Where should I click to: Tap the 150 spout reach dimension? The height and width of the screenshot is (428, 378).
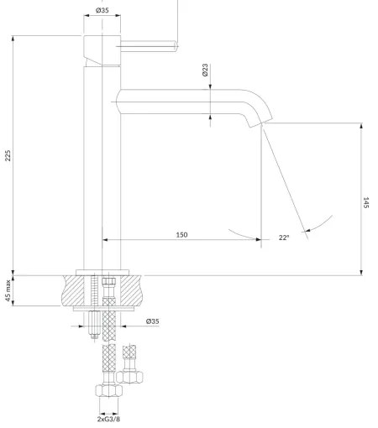pyautogui.click(x=181, y=234)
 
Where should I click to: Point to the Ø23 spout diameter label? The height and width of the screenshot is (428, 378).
pyautogui.click(x=206, y=72)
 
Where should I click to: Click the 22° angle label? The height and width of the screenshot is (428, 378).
pyautogui.click(x=284, y=237)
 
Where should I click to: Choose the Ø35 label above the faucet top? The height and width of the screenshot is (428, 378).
pyautogui.click(x=102, y=10)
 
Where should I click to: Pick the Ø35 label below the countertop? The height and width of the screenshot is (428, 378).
pyautogui.click(x=153, y=321)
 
